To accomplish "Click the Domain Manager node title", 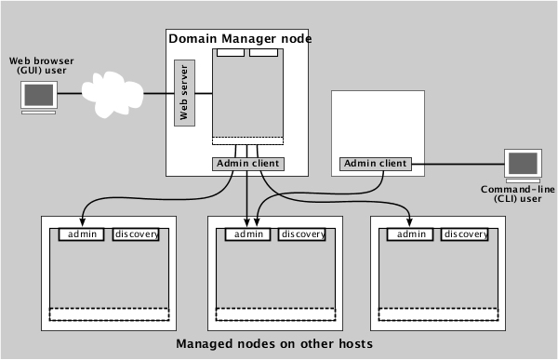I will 239,38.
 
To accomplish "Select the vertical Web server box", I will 183,93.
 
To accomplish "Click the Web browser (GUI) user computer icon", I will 38,97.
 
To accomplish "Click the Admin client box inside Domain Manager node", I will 246,164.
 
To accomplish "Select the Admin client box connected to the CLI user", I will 376,164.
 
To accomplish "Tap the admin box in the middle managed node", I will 247,234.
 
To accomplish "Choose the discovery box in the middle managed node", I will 301,234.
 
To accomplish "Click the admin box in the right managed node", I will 411,234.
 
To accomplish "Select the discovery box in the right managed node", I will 465,234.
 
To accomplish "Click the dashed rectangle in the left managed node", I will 110,314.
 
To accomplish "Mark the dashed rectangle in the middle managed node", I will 272,314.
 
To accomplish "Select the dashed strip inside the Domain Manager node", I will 247,141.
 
